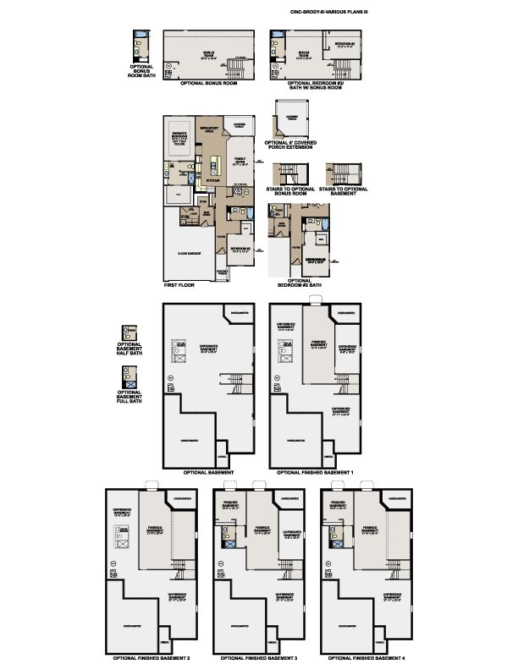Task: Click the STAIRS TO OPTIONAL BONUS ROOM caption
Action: coord(290,191)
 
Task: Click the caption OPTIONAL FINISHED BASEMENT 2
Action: coord(152,657)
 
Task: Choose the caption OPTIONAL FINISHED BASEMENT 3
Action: coord(260,657)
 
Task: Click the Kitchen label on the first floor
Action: coord(213,179)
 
